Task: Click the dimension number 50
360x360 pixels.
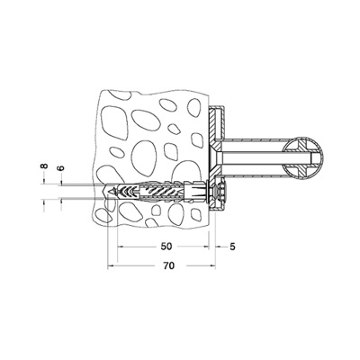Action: pos(166,247)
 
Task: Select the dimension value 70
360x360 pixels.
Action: pos(169,265)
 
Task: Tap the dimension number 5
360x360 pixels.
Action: pos(232,247)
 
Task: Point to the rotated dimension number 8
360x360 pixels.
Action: pos(44,166)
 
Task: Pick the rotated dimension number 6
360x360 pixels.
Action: pos(61,167)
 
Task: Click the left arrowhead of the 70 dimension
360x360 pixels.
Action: pos(110,265)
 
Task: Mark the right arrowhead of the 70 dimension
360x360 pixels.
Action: pos(213,265)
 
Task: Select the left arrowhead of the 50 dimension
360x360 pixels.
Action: pos(120,247)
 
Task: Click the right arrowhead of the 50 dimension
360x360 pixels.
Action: pos(206,247)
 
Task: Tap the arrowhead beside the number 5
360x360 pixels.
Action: pos(218,247)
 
